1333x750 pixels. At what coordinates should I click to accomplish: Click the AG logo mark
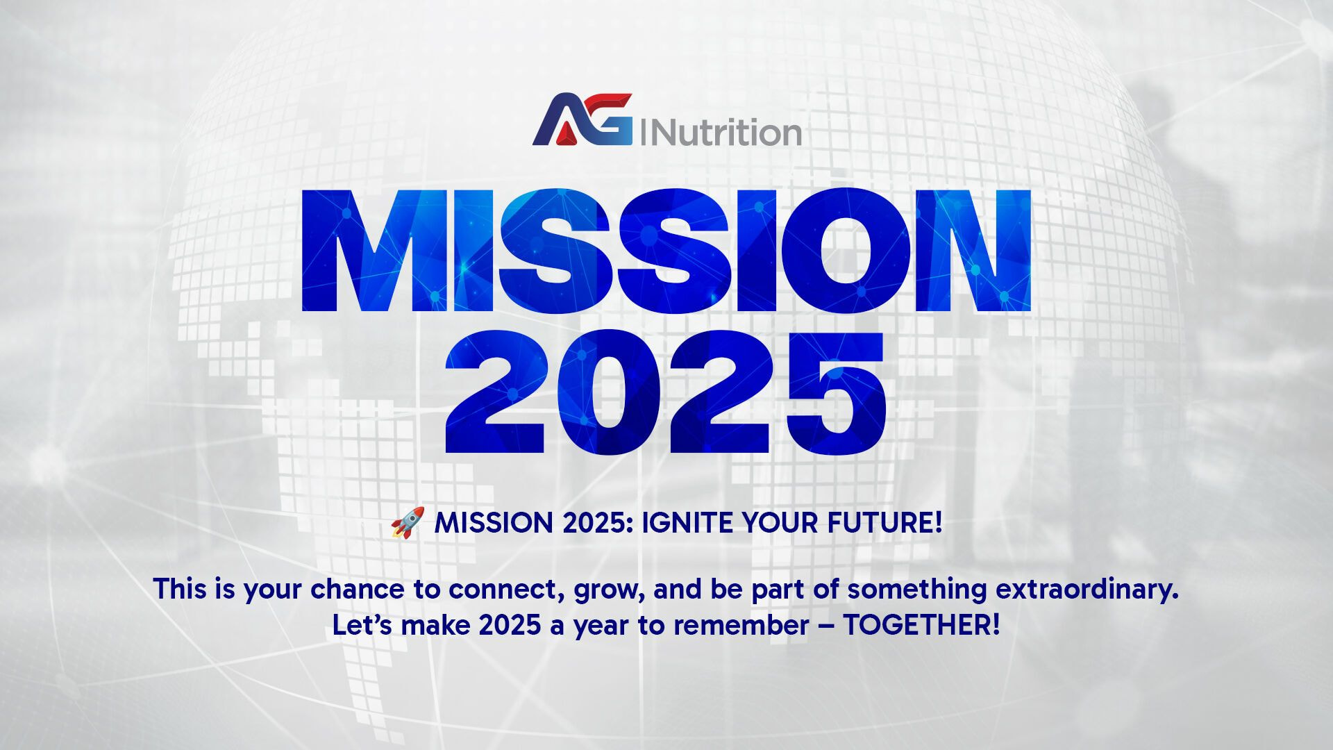click(x=582, y=119)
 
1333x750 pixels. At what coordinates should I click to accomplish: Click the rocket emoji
click(x=408, y=523)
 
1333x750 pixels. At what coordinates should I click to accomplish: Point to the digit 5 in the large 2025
click(x=832, y=394)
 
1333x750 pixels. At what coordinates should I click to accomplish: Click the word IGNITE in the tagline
click(x=687, y=523)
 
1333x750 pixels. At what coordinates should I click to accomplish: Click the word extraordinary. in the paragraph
click(x=1087, y=589)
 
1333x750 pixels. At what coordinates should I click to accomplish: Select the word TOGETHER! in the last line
click(x=921, y=626)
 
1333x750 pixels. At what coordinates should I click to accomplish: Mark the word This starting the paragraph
click(x=181, y=589)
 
